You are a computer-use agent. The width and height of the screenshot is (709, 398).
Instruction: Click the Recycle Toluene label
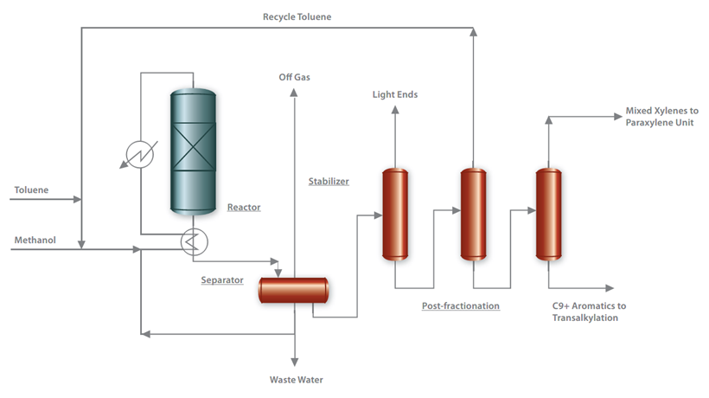pyautogui.click(x=297, y=17)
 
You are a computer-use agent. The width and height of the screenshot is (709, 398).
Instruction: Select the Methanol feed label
pyautogui.click(x=35, y=240)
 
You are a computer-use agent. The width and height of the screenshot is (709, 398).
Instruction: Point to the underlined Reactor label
pyautogui.click(x=244, y=207)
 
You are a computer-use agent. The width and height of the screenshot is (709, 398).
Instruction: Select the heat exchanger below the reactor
pyautogui.click(x=191, y=241)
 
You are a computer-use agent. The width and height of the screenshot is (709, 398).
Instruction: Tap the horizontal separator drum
pyautogui.click(x=294, y=290)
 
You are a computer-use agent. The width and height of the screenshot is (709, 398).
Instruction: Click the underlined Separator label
pyautogui.click(x=222, y=279)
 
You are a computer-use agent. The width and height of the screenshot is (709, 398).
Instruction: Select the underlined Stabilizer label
pyautogui.click(x=329, y=182)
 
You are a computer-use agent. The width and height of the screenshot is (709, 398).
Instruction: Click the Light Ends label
pyautogui.click(x=394, y=94)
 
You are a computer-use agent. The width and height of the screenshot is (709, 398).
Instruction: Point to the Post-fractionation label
pyautogui.click(x=461, y=305)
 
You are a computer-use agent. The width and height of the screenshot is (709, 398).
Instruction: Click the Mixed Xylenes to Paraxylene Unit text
pyautogui.click(x=661, y=118)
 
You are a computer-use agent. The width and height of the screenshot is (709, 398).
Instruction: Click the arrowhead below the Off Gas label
pyautogui.click(x=294, y=94)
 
